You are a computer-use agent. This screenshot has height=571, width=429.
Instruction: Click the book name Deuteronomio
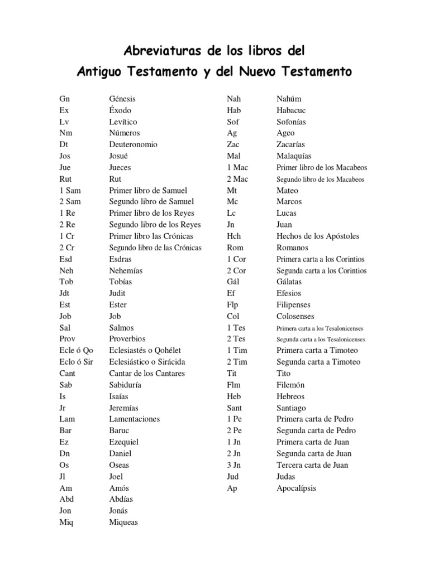pos(134,144)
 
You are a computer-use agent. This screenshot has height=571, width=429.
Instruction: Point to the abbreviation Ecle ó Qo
pos(76,351)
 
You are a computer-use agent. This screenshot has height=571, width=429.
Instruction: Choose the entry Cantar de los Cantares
pos(147,374)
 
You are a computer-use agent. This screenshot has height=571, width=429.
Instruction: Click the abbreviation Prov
pos(68,339)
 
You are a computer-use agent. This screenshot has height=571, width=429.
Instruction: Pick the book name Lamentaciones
pos(135,419)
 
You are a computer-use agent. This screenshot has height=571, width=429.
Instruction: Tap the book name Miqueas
pos(123,522)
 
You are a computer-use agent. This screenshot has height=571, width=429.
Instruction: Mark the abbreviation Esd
pos(66,259)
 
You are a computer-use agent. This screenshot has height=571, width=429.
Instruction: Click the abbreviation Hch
pos(233,236)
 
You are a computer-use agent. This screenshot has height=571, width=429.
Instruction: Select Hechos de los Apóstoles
pos(318,236)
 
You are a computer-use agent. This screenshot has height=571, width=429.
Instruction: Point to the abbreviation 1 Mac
pos(237,167)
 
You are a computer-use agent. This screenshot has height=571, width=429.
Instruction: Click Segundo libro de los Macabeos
pos(321,180)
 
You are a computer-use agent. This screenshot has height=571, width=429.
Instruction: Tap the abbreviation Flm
pos(233,385)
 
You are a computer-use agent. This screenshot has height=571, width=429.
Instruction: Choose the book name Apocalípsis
pos(296,488)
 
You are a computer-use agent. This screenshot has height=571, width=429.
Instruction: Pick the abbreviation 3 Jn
pos(234,465)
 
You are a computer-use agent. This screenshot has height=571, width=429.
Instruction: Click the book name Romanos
pos(293,248)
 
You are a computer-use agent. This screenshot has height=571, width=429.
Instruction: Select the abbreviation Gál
pos(233,282)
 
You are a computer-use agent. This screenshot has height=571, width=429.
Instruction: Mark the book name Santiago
pos(292,408)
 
